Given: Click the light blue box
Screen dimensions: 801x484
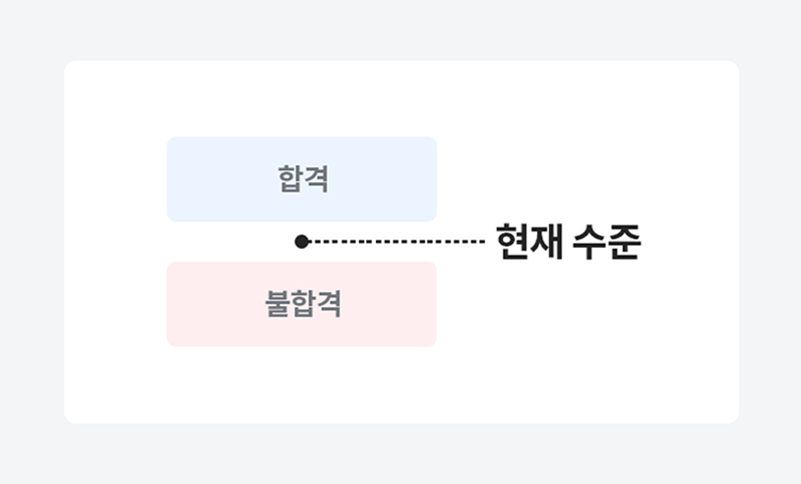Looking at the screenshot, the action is (x=301, y=179).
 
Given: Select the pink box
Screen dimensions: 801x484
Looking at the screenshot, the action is (x=301, y=304).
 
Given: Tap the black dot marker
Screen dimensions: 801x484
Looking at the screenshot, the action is (x=301, y=241).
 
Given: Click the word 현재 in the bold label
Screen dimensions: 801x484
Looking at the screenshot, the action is (x=529, y=241).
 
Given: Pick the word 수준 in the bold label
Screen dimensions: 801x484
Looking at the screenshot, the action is (x=606, y=241).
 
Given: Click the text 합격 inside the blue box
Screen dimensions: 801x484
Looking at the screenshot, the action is (x=303, y=179).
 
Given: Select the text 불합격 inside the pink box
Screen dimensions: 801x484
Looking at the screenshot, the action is (x=303, y=304).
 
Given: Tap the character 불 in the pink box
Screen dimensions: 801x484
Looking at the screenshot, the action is (x=277, y=304).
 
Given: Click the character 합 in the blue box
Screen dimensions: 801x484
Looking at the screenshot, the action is (x=290, y=179).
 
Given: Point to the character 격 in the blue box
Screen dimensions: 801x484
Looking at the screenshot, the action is (x=316, y=179).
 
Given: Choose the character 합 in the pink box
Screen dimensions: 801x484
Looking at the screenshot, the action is (x=303, y=304).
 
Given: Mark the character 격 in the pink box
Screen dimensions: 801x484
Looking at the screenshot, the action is (x=329, y=304).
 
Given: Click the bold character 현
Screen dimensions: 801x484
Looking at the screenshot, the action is (x=513, y=241).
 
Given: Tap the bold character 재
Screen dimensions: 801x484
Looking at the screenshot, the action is (x=546, y=241).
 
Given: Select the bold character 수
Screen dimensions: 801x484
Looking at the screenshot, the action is (x=589, y=241).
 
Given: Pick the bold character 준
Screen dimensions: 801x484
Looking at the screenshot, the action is (x=624, y=241).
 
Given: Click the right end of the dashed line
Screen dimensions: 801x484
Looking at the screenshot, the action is (x=485, y=241).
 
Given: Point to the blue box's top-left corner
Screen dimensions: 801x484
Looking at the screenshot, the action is (x=167, y=137).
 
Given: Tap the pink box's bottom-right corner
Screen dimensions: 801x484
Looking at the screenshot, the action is (x=436, y=346).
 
